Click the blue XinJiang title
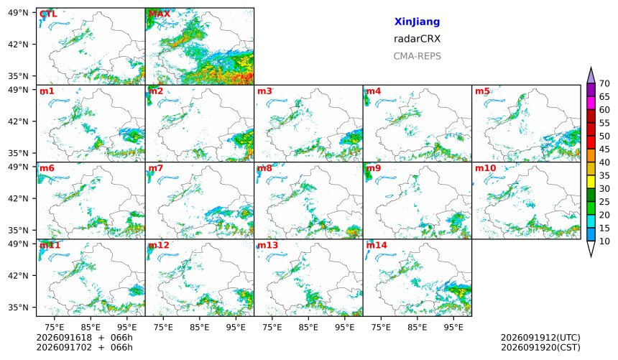[417, 22]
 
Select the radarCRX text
[417, 39]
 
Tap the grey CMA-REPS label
[417, 56]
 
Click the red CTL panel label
[48, 14]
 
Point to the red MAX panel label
[160, 14]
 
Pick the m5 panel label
[482, 91]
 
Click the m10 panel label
[485, 168]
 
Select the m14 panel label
[377, 245]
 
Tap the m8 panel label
[264, 168]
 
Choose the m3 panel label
[264, 91]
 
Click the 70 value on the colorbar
[604, 83]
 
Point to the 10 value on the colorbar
[604, 241]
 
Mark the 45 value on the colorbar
[604, 149]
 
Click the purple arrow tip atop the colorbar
[591, 68]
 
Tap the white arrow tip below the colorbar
[591, 257]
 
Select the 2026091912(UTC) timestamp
[540, 338]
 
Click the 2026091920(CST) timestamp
[540, 347]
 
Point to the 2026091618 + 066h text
[84, 338]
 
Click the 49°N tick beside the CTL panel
[18, 13]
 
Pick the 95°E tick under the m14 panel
[453, 327]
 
